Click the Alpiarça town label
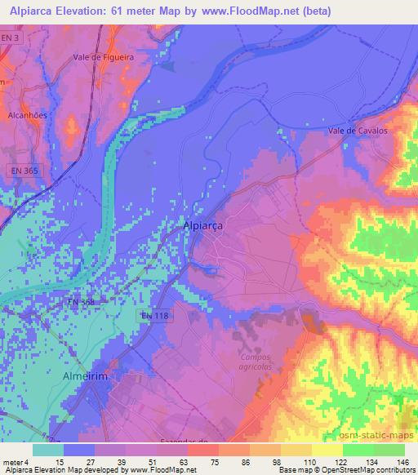point(203,226)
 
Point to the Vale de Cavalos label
point(357,130)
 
